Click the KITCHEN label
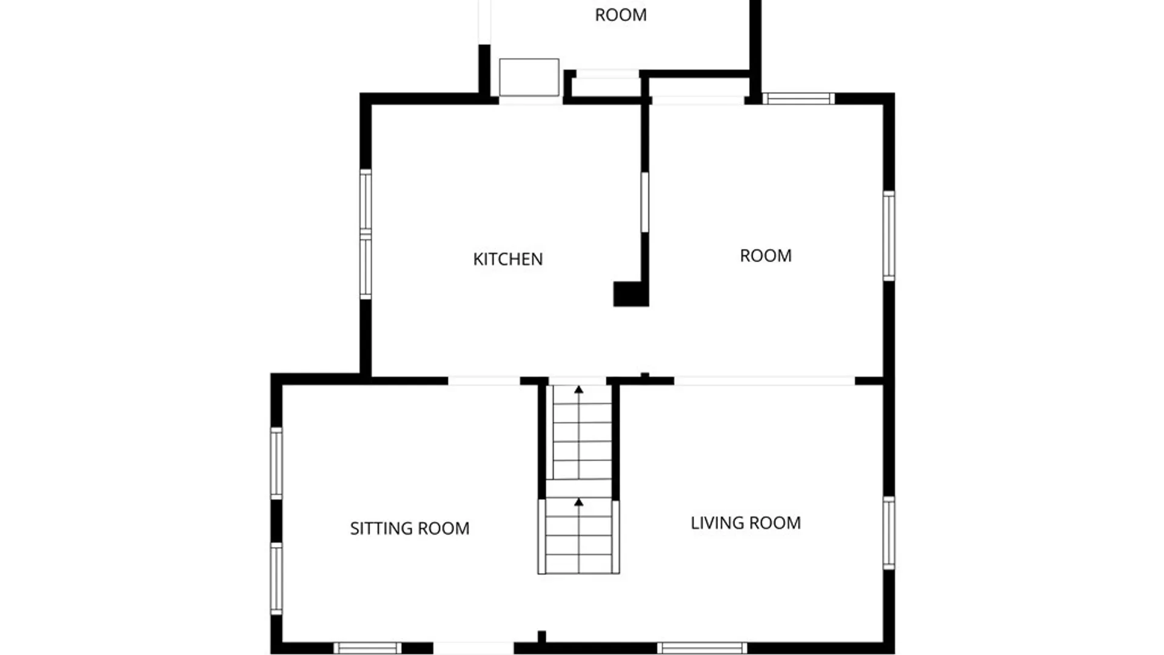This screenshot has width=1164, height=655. click(508, 259)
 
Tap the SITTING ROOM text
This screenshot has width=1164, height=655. click(410, 528)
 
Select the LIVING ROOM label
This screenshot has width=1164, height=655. click(746, 523)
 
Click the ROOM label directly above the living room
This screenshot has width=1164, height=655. click(766, 255)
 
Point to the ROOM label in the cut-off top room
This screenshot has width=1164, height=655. click(621, 15)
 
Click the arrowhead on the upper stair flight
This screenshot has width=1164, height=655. click(579, 389)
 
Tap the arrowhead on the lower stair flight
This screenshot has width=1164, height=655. click(579, 502)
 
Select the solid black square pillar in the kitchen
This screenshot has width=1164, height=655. click(630, 294)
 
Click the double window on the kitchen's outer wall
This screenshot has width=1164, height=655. click(366, 234)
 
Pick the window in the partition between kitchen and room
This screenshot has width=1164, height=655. click(644, 203)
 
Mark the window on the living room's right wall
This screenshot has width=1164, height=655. click(889, 533)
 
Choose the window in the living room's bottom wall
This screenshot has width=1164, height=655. click(702, 648)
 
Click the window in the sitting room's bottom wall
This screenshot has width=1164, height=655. click(367, 648)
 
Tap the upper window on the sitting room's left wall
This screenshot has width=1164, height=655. click(276, 463)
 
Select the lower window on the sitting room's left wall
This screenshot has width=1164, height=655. click(276, 579)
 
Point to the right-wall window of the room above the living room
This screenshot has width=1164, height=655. click(889, 236)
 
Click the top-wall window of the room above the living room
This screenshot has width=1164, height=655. click(798, 99)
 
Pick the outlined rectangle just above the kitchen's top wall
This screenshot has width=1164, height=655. click(529, 77)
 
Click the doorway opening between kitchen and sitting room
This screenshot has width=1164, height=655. click(484, 381)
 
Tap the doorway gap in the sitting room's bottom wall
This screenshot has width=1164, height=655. click(473, 648)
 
